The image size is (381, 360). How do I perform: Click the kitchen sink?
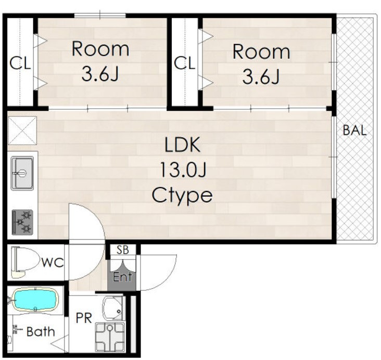click(x=22, y=173)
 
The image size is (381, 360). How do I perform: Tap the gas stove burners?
click(x=22, y=222)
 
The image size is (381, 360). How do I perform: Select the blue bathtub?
click(x=35, y=299)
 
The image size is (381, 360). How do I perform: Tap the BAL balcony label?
click(x=354, y=130)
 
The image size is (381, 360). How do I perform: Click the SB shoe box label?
click(x=122, y=250)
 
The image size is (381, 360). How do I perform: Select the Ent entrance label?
click(x=122, y=277)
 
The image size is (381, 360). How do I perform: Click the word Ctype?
click(x=182, y=196)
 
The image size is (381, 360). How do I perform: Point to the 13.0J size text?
click(x=183, y=170)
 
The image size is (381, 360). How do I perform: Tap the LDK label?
click(x=183, y=145)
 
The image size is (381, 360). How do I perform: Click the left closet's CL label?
click(x=20, y=63)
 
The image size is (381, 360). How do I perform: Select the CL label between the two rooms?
click(x=185, y=63)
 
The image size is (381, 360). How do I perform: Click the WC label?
click(x=53, y=262)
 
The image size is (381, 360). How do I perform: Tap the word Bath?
click(x=41, y=331)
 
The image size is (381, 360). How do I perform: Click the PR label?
click(x=84, y=318)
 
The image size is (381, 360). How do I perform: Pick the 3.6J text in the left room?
click(x=100, y=74)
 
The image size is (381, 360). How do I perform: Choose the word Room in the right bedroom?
click(x=261, y=52)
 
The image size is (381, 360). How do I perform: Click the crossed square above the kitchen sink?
click(x=22, y=131)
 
